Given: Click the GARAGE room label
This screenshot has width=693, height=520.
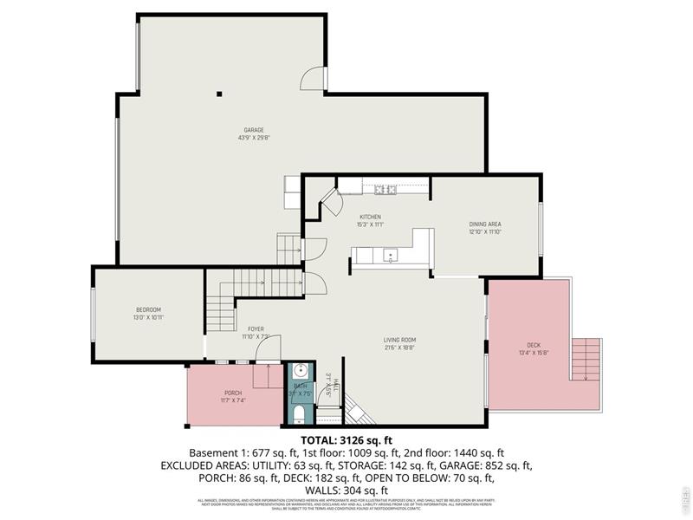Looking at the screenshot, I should point(253,130).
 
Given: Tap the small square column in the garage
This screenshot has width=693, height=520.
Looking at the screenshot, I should point(220,94).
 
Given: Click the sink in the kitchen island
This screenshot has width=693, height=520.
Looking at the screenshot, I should point(391,256).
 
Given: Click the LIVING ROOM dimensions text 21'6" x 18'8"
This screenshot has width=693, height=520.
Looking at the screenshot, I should point(400,347).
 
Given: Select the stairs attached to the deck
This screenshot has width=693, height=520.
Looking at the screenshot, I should point(586,359).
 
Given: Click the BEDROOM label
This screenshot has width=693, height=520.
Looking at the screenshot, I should point(148,310).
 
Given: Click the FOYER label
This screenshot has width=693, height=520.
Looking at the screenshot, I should point(256,329).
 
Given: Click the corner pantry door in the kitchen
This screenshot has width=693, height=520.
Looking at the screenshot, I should point(330,206).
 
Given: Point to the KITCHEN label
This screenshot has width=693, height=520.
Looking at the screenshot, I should point(371,217).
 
